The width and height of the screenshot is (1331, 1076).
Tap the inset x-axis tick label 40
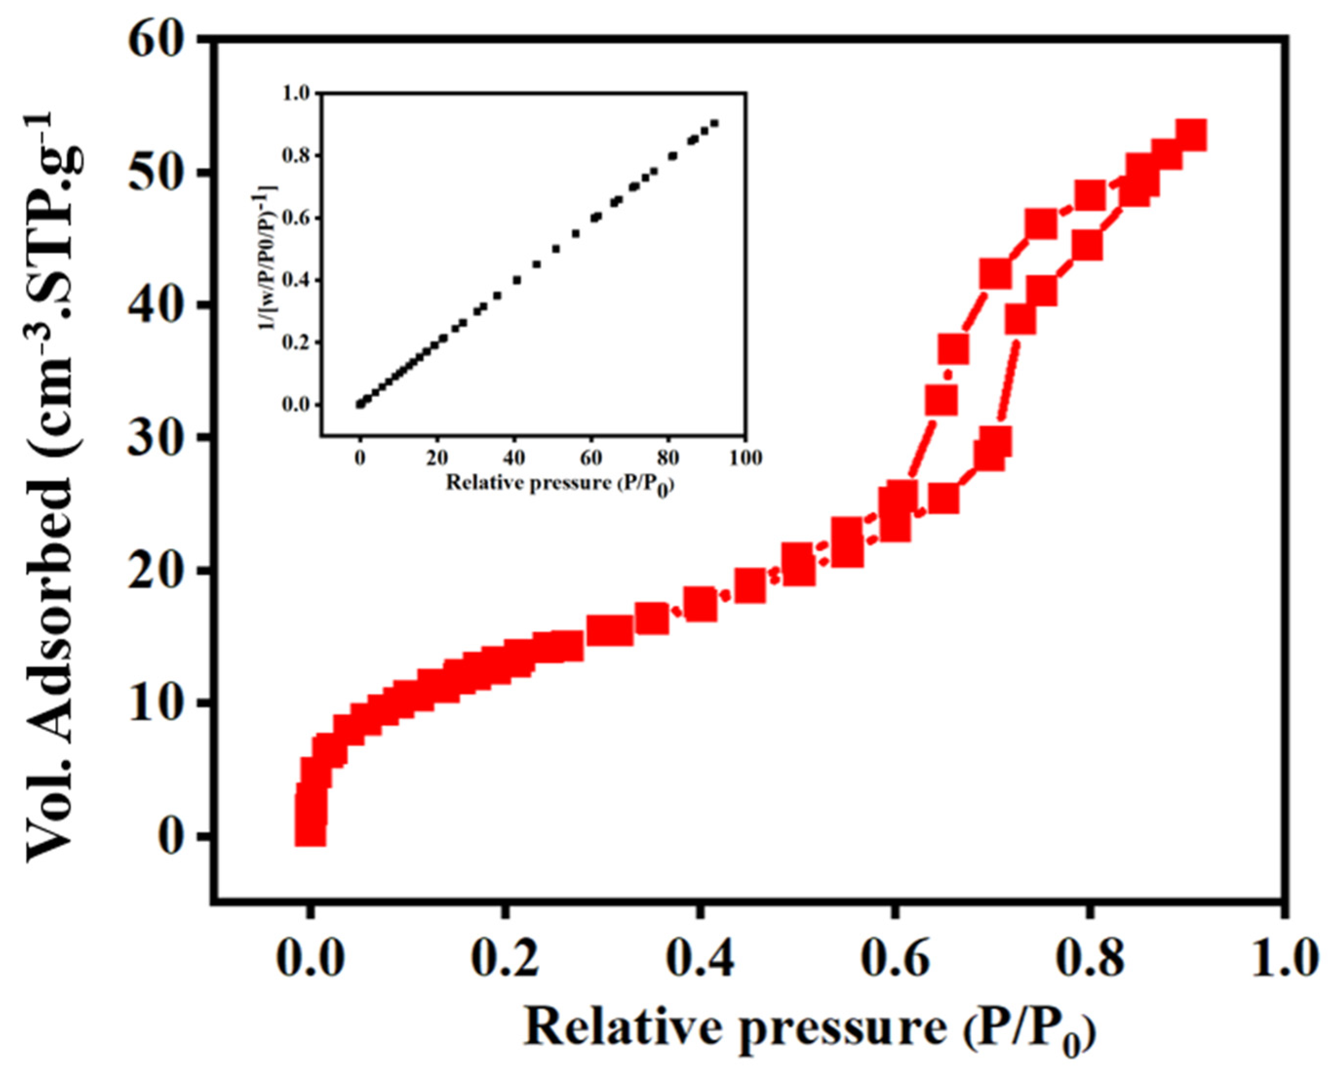point(514,458)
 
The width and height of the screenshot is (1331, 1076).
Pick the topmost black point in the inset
point(714,123)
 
